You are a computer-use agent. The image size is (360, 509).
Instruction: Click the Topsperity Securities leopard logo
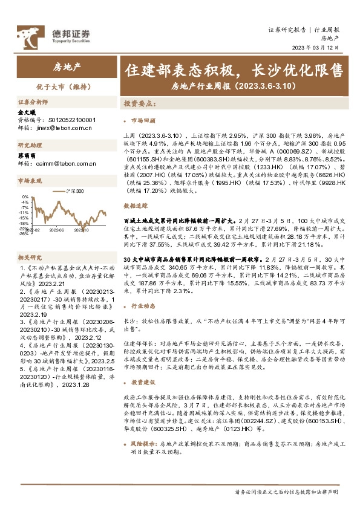[x=30, y=35]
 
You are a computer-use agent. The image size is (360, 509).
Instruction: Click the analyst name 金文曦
[x=27, y=112]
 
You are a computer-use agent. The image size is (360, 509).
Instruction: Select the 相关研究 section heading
[x=30, y=257]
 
